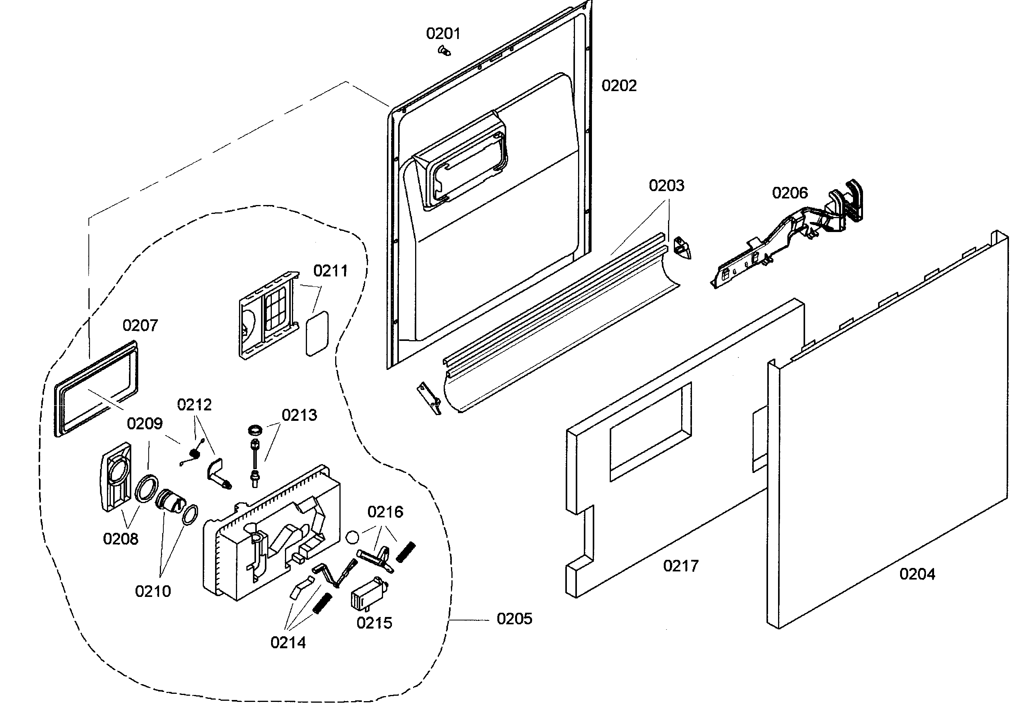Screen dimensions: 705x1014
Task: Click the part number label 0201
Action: click(443, 34)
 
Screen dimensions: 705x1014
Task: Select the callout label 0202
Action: click(619, 86)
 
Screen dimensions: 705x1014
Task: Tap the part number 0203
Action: click(666, 185)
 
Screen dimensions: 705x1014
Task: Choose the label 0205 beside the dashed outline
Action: click(514, 619)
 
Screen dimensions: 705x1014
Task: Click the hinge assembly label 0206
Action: click(790, 193)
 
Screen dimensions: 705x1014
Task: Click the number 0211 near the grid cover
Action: click(331, 271)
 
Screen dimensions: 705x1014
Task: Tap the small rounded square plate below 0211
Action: click(317, 333)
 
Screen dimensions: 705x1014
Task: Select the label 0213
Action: click(299, 415)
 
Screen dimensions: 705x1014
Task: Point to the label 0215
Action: click(374, 622)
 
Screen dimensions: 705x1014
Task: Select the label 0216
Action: click(385, 512)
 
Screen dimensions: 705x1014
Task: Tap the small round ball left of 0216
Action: click(353, 537)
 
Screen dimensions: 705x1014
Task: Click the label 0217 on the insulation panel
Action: click(680, 566)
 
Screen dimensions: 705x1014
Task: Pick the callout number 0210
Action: click(153, 591)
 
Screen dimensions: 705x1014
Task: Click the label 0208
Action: click(120, 539)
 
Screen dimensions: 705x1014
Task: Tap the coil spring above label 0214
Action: click(322, 603)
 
